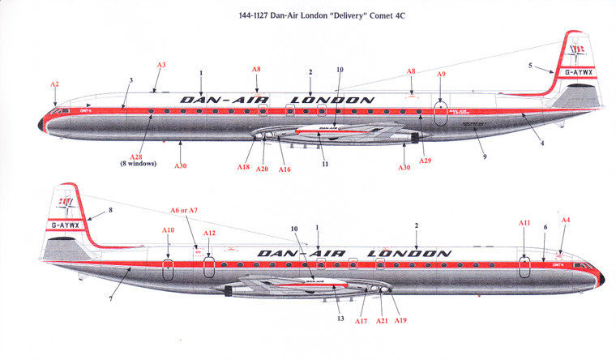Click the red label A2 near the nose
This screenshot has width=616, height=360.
[x=54, y=84]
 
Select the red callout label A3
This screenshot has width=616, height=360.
[x=160, y=65]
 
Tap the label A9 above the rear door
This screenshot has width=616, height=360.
[x=441, y=75]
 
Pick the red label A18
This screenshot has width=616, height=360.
[x=243, y=167]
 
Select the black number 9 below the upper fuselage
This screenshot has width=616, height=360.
[x=484, y=155]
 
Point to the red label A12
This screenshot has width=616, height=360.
[x=209, y=234]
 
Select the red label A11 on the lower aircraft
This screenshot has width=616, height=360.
[x=524, y=222]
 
